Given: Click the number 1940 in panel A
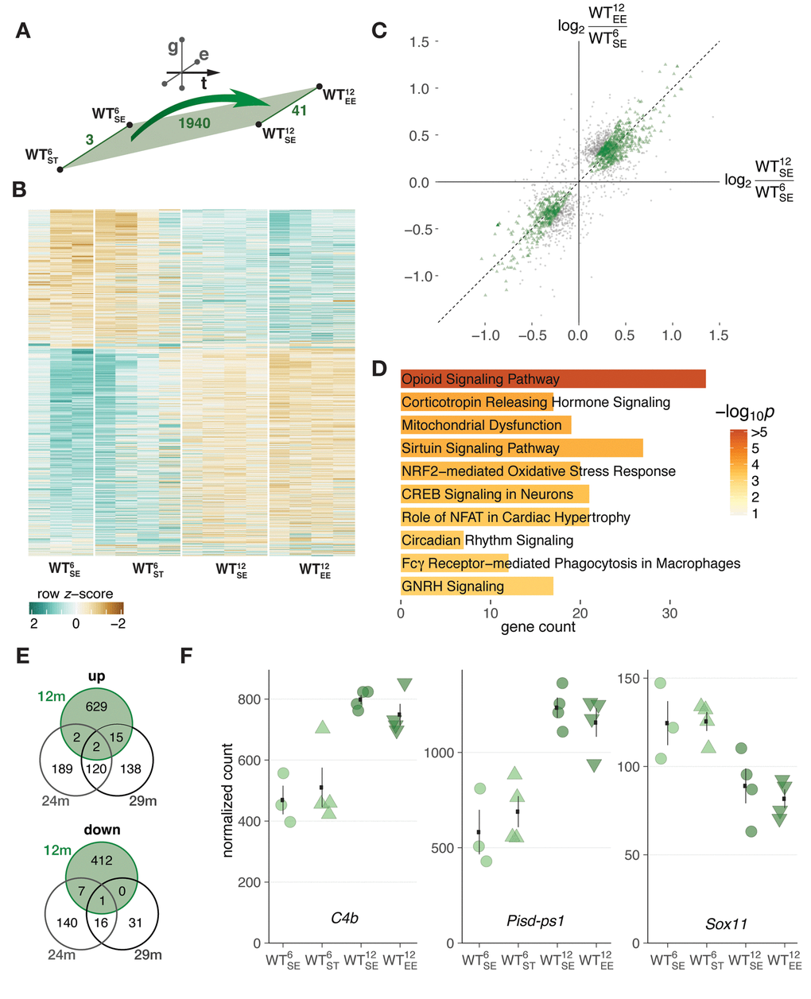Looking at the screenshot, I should (x=194, y=123).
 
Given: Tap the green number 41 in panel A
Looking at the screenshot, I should (x=299, y=111).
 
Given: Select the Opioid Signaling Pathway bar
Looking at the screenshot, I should (x=553, y=379).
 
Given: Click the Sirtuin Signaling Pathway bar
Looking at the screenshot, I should (x=522, y=448).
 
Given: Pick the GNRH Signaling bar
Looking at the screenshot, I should (x=476, y=587).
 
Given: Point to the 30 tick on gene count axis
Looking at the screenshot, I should (x=670, y=613).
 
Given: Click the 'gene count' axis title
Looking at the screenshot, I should (x=537, y=627).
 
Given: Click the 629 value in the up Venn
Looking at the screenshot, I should (x=96, y=707).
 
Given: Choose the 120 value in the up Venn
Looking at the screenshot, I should (x=96, y=769).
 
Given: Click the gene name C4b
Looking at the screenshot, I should (x=344, y=919).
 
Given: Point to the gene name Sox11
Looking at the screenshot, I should (x=726, y=924).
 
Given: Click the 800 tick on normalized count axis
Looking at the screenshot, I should (x=250, y=699).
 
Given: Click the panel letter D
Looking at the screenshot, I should (x=379, y=369).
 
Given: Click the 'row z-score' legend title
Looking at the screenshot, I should (x=75, y=594).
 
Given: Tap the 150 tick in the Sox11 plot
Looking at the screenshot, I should (x=629, y=678).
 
